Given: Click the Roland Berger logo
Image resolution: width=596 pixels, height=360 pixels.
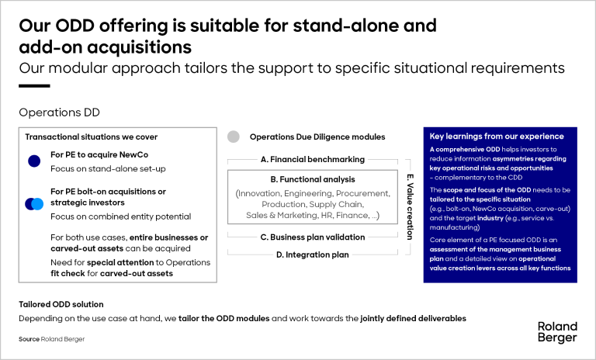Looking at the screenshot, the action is click(x=557, y=332).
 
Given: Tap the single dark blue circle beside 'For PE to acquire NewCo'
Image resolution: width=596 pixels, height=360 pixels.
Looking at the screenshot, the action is click(x=34, y=161).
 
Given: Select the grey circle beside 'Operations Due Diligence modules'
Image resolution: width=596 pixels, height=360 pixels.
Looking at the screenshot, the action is click(x=234, y=137).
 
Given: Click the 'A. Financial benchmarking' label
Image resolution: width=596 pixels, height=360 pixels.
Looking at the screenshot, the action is click(x=313, y=159).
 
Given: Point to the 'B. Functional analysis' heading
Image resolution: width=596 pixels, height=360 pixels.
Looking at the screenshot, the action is click(x=313, y=179).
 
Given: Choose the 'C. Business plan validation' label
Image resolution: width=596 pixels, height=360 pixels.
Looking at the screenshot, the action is click(x=313, y=237).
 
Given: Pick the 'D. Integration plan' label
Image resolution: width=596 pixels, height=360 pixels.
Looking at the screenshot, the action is click(x=313, y=254).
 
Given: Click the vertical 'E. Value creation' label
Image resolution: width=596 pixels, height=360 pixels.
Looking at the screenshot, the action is click(x=410, y=207).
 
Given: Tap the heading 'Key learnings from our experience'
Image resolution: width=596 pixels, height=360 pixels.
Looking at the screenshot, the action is click(x=497, y=136).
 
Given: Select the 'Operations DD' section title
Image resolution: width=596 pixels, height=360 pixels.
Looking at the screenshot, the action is click(x=59, y=112).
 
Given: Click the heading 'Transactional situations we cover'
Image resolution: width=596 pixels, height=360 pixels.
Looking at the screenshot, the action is click(x=92, y=137).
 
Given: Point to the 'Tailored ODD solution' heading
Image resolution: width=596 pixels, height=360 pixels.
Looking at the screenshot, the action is click(x=61, y=304).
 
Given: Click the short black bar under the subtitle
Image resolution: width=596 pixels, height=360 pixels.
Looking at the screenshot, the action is click(x=34, y=86).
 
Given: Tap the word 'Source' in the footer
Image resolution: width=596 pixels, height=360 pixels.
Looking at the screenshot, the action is click(x=29, y=339).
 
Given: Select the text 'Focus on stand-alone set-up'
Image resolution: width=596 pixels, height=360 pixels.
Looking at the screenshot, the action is click(x=108, y=169).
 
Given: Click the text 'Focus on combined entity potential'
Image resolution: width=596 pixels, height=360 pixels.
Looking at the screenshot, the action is click(x=121, y=216).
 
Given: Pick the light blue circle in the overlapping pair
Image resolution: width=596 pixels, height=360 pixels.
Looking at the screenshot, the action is click(x=37, y=204).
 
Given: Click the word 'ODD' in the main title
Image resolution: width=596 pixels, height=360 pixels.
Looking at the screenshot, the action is click(x=74, y=26).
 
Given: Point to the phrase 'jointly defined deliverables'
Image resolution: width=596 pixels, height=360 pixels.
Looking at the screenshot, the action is click(x=413, y=319).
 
